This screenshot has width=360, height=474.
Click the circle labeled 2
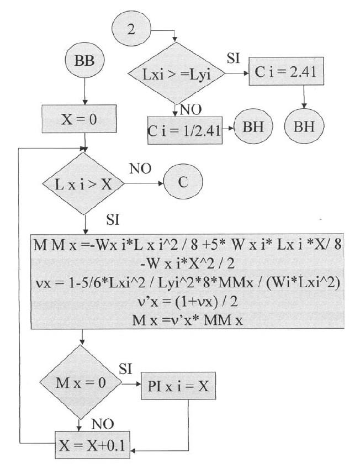(x=131, y=30)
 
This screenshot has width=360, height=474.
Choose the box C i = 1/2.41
(x=185, y=130)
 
